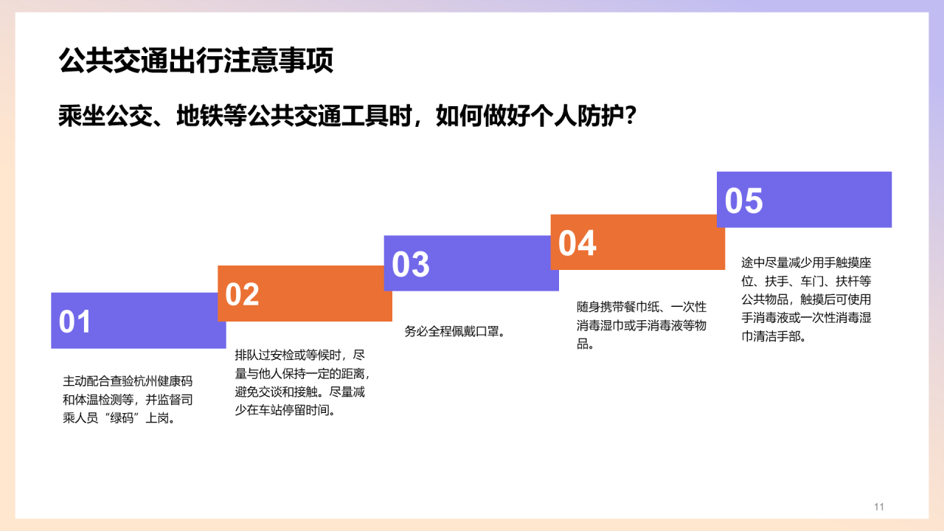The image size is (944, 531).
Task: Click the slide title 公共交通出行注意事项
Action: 195,61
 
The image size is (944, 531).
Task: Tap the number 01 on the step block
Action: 75,322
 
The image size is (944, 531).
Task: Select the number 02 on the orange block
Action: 243,294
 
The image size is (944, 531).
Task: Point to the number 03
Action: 410,265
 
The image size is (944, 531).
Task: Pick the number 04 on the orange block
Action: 577,243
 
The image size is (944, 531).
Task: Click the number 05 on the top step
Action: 743,201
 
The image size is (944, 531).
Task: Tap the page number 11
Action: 878,507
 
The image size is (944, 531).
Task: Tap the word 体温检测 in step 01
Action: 101,400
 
